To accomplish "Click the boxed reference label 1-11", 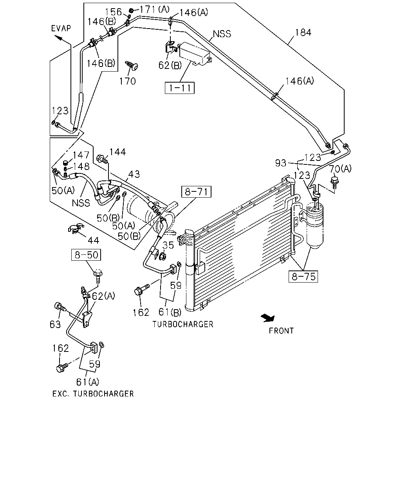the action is click(179, 88).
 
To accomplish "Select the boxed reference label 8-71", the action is click(196, 192).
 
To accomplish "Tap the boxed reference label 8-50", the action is click(86, 255).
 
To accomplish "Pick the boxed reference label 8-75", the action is click(303, 277).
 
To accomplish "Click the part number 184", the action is click(303, 32).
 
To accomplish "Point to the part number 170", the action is click(127, 81).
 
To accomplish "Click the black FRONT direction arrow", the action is click(268, 318).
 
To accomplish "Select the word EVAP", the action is click(61, 29).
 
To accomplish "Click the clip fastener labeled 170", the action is click(132, 65).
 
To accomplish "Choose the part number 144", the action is click(117, 152).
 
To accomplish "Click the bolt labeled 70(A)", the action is click(334, 183).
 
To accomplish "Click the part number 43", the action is click(134, 174).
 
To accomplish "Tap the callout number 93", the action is click(280, 163).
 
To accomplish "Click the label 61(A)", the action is click(88, 382).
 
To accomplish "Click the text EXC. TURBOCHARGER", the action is click(93, 394).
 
